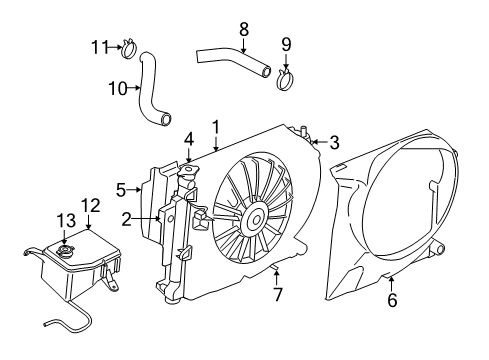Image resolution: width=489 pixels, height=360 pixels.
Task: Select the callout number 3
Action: tap(334, 142)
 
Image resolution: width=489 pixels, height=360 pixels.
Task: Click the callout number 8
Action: tap(242, 30)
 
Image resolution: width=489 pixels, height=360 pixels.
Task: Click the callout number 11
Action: tap(97, 45)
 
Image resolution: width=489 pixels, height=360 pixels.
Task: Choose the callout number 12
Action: tap(90, 205)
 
